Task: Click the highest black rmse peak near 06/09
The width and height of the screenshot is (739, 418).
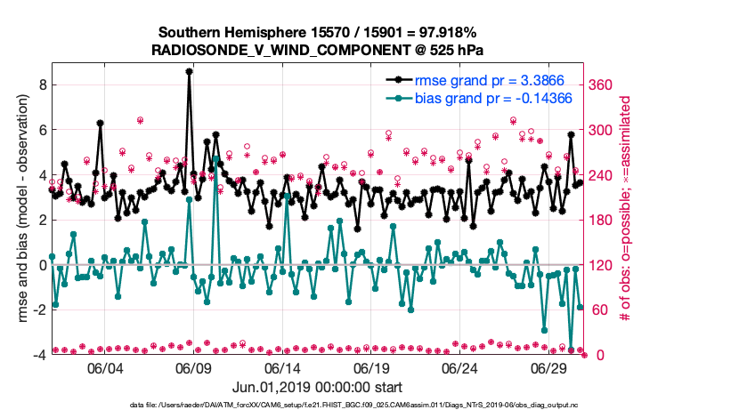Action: (x=190, y=70)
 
